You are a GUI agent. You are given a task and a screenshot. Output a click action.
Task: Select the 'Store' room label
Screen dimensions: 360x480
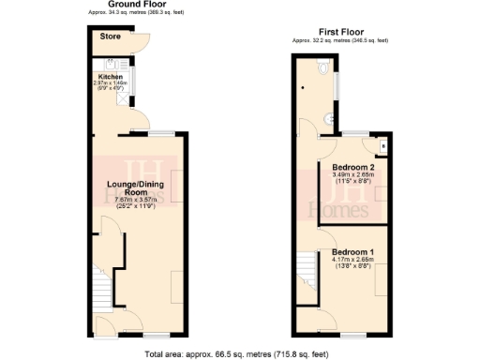coord(110,37)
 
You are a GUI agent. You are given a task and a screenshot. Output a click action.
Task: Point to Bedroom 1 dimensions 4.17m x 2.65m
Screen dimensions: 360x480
coord(352,263)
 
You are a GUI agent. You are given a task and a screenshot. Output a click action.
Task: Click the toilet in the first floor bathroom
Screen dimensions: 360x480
coord(323,68)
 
